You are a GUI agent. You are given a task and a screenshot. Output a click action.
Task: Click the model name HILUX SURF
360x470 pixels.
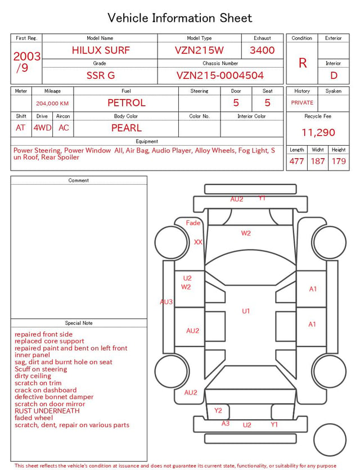[x=101, y=50]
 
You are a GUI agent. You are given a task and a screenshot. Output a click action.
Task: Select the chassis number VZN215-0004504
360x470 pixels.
[x=220, y=75]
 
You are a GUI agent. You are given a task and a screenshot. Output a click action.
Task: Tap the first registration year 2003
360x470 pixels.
[x=26, y=56]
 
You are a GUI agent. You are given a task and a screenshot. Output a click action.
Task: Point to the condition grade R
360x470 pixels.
[x=303, y=63]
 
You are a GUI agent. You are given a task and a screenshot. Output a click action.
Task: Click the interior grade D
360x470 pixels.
[x=334, y=75]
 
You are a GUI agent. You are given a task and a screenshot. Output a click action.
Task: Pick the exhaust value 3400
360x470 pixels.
[x=262, y=50]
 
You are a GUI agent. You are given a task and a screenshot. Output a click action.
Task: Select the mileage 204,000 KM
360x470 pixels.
[x=52, y=104]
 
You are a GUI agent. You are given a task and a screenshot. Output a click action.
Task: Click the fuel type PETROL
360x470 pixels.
[x=127, y=103]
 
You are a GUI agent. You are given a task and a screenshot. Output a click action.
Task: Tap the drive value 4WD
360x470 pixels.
[x=42, y=128]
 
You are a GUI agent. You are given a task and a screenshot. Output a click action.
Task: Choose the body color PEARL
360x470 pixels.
[x=127, y=128]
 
